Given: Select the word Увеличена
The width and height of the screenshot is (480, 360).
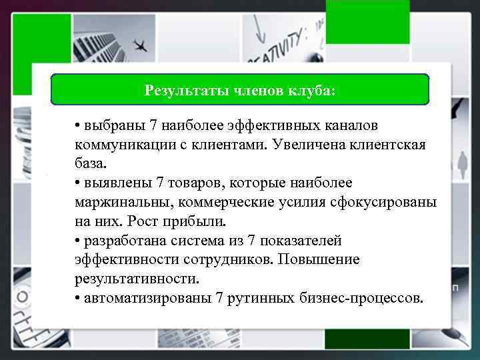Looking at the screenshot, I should tap(303, 145).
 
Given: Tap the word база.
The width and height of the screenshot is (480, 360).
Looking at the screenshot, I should tap(91, 163).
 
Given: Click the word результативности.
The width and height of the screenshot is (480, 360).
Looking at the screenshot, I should tap(137, 277).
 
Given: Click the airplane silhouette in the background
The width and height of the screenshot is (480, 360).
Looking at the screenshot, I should tap(141, 47).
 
